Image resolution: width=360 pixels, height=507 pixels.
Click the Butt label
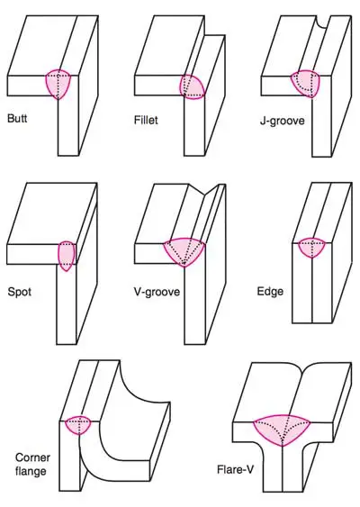coord(17,118)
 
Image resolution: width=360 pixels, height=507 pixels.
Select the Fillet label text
coord(146,120)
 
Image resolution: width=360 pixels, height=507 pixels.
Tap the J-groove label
coord(283,121)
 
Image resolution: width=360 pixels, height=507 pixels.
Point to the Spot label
coord(20,292)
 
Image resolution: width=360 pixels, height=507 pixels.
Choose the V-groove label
coord(157,292)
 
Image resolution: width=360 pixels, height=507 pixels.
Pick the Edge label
coord(270,292)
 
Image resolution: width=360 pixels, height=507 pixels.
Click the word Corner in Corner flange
coord(32,457)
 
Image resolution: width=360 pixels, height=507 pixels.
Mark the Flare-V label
coord(235,469)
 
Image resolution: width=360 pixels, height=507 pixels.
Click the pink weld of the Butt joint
coord(58,84)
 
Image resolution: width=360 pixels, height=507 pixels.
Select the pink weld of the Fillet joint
coord(193,86)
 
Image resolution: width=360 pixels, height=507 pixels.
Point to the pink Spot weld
coord(67,256)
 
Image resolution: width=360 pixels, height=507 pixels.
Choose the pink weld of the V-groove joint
coord(184,251)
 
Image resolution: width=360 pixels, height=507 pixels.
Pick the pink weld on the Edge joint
coord(311,248)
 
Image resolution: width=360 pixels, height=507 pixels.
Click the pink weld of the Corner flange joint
coord(78,425)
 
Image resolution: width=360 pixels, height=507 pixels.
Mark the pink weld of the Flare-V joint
coord(282,430)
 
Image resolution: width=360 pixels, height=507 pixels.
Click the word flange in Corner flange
coord(31,471)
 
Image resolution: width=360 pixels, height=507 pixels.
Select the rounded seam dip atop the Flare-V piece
coord(301,368)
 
